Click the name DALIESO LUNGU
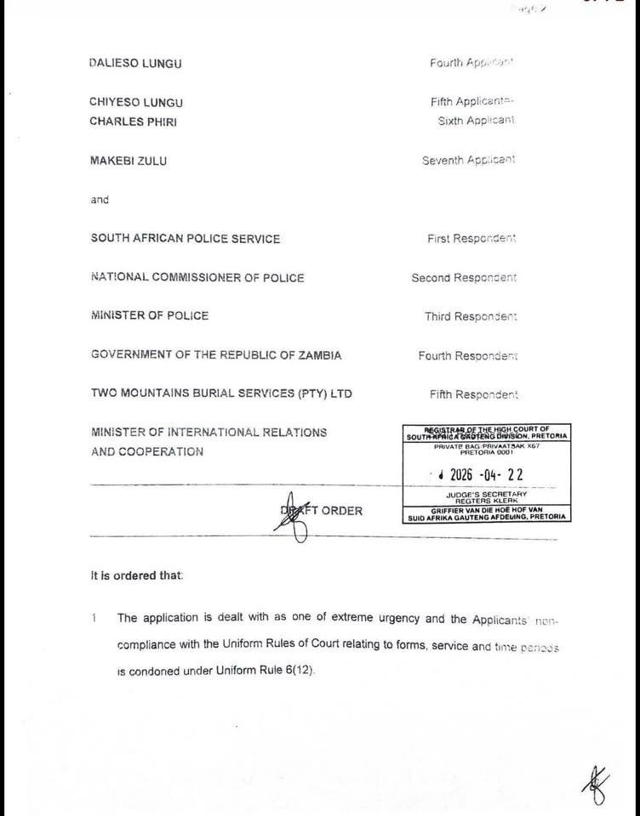pos(135,64)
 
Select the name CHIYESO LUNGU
pos(136,102)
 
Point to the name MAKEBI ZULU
pos(129,161)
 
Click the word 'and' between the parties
pos(100,200)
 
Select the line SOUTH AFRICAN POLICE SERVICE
pos(185,239)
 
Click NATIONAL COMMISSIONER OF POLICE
pos(197,277)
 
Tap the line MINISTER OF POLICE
pos(149,315)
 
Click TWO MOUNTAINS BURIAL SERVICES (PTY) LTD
pos(221,394)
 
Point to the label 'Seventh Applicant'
pos(468,161)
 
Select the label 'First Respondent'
pos(471,239)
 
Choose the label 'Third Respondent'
pos(471,317)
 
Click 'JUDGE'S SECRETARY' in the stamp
pos(486,494)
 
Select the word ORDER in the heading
pos(341,511)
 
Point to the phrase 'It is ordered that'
pos(136,575)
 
